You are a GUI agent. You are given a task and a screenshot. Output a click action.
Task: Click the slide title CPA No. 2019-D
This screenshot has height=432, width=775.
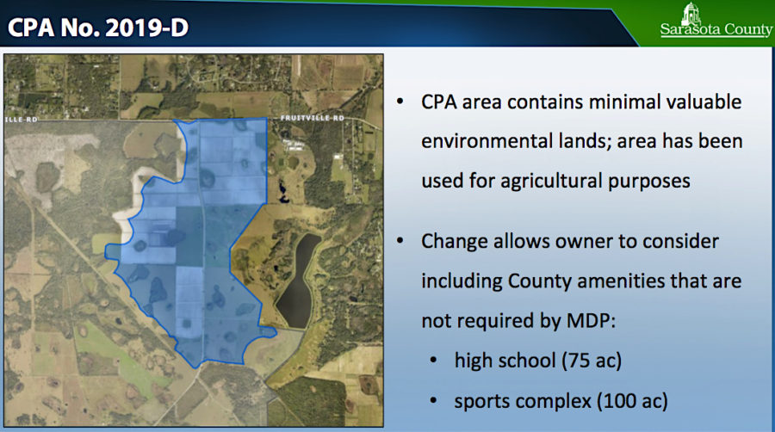tap(98, 28)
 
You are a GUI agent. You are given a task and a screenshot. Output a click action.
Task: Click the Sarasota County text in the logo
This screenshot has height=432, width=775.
tap(716, 30)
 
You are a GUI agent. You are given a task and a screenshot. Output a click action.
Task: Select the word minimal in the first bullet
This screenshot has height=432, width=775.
tap(603, 102)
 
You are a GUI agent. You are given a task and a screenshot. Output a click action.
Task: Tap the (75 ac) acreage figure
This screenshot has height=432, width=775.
tap(592, 360)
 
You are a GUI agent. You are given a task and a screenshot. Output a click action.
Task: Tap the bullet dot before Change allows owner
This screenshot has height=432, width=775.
tap(400, 241)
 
